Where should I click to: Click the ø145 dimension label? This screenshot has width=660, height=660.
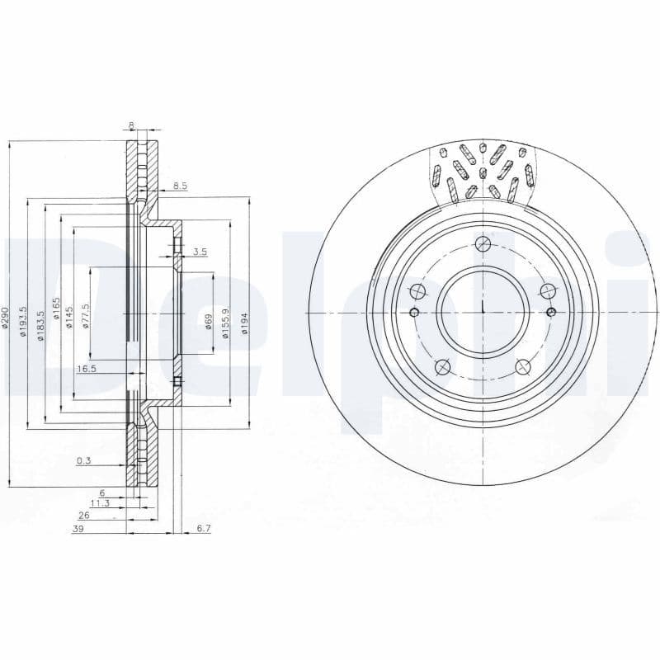pos(72,317)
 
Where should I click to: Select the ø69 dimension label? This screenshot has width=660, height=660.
pos(210,322)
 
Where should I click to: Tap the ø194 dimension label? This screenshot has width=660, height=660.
pos(245,322)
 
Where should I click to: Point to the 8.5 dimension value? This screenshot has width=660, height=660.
pos(180,186)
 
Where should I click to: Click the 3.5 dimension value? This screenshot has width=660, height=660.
pos(199,252)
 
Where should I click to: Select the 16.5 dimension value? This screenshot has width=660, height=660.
pos(87,369)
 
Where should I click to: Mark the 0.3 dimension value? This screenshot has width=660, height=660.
pos(83,461)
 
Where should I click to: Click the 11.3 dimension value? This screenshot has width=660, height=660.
pos(99,502)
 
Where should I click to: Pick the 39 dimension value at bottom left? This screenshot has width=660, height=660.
pos(78,529)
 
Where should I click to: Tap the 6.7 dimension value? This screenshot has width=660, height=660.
pos(205,529)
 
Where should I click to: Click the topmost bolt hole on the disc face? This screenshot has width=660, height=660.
pos(483,244)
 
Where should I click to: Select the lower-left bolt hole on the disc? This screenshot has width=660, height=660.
pos(442,366)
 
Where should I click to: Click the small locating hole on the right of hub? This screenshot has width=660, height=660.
pos(551,311)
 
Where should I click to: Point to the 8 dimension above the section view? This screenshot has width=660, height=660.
pos(131,126)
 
